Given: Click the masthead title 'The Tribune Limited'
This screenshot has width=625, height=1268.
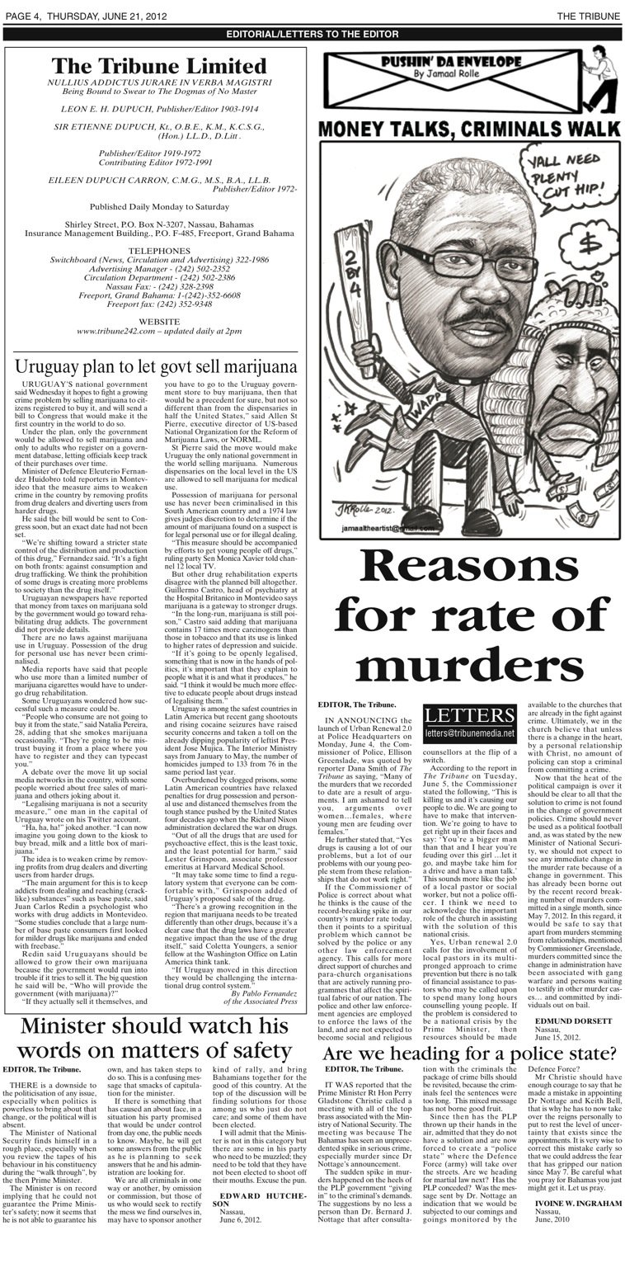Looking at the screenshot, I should click(x=159, y=65).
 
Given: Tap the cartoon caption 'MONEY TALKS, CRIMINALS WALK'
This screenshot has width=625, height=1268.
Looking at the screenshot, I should click(x=468, y=129).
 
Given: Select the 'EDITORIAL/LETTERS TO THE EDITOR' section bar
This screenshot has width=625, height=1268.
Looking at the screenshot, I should click(x=312, y=34).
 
